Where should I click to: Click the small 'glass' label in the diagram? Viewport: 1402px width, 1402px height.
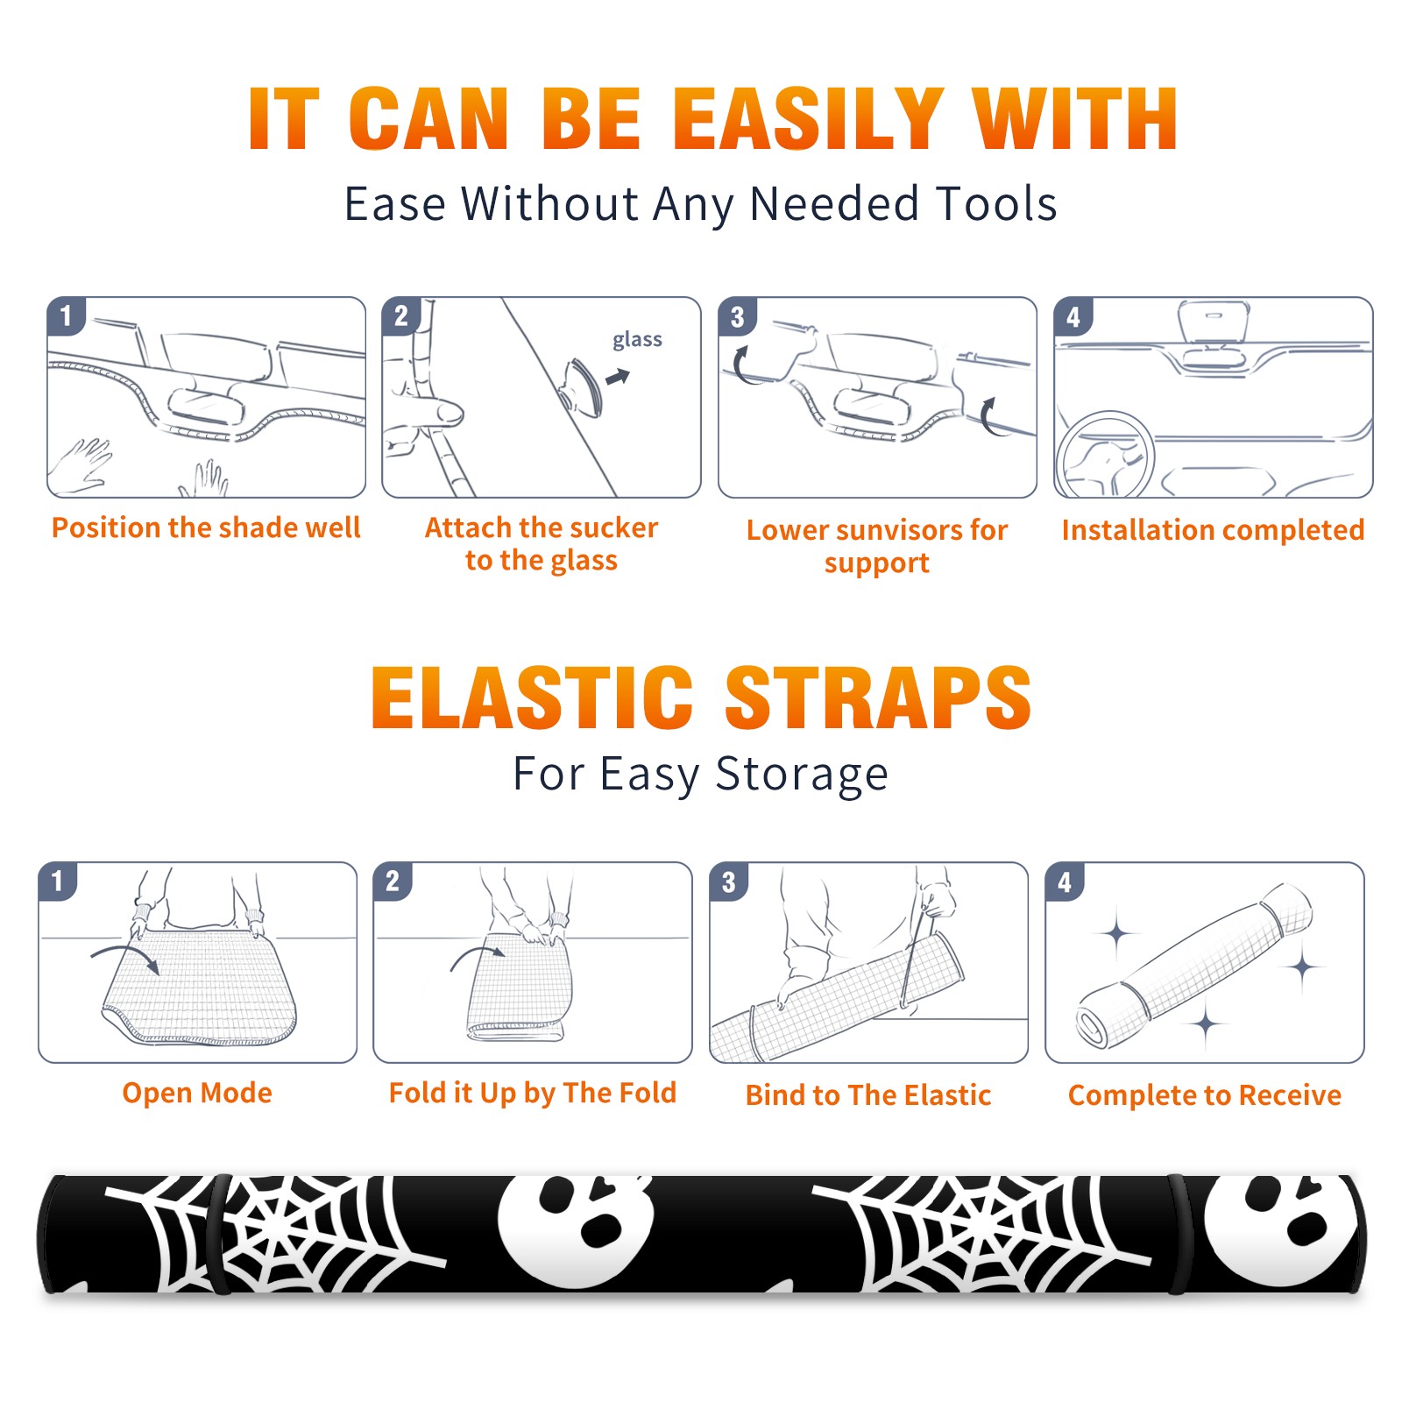(x=637, y=340)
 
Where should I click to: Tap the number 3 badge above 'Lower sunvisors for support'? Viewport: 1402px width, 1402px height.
(x=737, y=317)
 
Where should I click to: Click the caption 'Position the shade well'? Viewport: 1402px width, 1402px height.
(x=206, y=528)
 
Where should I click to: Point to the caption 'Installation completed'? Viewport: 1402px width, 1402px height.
(x=1213, y=530)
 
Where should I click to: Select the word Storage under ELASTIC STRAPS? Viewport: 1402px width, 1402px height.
(x=802, y=775)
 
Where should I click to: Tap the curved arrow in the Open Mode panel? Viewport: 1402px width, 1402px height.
(x=124, y=958)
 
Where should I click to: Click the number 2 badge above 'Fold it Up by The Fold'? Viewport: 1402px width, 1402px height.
(x=393, y=882)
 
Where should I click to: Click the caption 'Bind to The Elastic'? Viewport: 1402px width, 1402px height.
(x=868, y=1095)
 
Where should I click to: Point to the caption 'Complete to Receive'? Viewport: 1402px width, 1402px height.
(x=1205, y=1095)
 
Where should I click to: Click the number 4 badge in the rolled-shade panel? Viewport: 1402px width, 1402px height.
(x=1065, y=882)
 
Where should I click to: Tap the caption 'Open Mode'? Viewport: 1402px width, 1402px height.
(x=197, y=1094)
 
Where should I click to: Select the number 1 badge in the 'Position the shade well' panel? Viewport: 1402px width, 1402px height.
(x=66, y=315)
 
